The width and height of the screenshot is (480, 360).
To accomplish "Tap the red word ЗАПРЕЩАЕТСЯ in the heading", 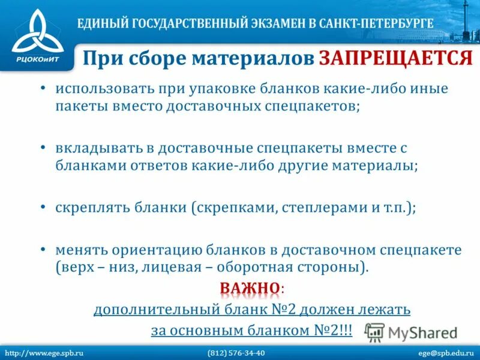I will (396, 58).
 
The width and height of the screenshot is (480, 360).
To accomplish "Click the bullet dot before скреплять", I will (43, 206).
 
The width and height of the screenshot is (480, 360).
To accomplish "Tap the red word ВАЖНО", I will (250, 289).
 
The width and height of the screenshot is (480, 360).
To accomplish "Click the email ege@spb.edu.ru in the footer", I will (444, 352).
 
